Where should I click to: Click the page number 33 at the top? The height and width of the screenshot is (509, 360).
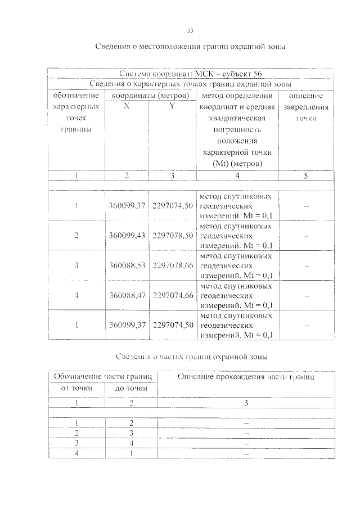[x=190, y=30]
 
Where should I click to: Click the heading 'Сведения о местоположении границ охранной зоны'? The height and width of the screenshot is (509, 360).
[x=190, y=47]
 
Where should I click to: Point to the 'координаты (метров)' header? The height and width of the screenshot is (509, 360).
[x=149, y=96]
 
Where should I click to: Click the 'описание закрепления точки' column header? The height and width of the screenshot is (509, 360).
[x=306, y=107]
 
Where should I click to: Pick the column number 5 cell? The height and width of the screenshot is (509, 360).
[x=306, y=176]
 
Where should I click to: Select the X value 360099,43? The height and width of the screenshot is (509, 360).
[x=127, y=236]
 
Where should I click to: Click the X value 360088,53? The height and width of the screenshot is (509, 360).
[x=127, y=265]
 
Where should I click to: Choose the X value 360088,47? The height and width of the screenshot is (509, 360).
[x=127, y=295]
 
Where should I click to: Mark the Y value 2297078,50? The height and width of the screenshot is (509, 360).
[x=173, y=236]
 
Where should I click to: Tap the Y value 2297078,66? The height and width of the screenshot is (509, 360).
[x=173, y=265]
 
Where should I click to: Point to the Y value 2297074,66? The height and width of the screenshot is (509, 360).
[x=173, y=295]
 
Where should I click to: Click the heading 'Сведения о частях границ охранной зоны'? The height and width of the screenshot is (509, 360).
[x=191, y=357]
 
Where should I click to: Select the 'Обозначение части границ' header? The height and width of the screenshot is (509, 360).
[x=103, y=376]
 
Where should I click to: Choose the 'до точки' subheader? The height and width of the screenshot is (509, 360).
[x=132, y=388]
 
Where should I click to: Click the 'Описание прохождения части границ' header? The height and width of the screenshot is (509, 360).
[x=246, y=376]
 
